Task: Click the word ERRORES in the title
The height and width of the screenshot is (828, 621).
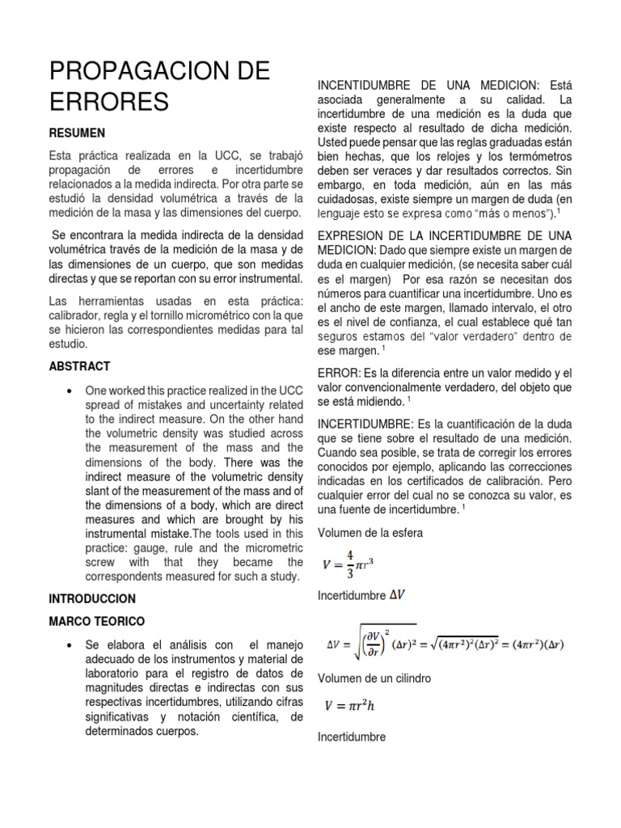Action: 109,102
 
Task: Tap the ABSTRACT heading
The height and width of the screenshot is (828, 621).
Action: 80,365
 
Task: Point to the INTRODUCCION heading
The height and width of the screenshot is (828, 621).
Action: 92,598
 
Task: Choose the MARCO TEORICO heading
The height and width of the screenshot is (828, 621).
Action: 97,621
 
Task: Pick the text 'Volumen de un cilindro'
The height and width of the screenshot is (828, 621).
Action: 374,677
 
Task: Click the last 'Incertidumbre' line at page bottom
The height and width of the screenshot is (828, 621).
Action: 352,737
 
